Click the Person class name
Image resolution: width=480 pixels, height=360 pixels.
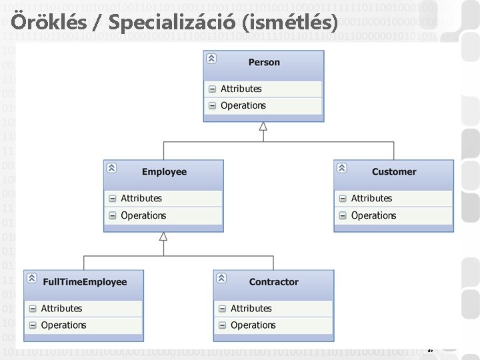pos(264,63)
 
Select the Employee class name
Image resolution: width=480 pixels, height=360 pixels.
pos(164,172)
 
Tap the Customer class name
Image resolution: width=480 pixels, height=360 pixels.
pos(394,172)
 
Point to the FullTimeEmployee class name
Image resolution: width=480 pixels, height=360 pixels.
pos(85,282)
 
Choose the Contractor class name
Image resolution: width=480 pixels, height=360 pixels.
pos(274,282)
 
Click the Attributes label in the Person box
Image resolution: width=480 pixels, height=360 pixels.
pos(241,89)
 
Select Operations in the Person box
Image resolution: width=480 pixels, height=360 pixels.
pos(243,105)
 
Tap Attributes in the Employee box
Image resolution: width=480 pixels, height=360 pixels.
pos(141,198)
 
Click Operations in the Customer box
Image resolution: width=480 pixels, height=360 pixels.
pos(373,215)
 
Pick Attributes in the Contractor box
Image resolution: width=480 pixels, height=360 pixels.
pos(251,308)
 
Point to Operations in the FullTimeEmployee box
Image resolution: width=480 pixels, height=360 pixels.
pos(63,325)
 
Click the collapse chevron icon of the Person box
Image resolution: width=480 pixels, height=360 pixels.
pos(211,59)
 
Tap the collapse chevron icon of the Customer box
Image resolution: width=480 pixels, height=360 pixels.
pos(342,168)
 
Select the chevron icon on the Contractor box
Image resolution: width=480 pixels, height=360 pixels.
pos(221,278)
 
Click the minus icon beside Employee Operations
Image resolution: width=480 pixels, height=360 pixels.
pos(112,215)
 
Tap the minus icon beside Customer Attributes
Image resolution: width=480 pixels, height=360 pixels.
pos(343,198)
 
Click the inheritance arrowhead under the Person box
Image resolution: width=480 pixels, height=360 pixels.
pos(263,127)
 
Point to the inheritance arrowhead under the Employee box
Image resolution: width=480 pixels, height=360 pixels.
pos(163,236)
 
